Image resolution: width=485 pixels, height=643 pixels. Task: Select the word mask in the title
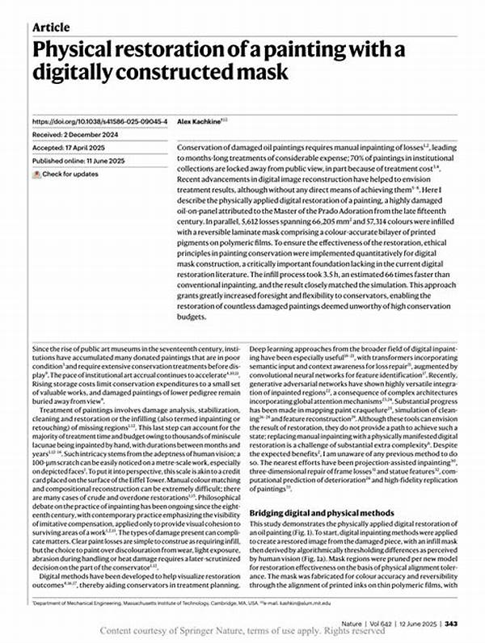click(259, 74)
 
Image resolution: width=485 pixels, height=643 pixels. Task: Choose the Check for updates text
click(72, 174)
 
